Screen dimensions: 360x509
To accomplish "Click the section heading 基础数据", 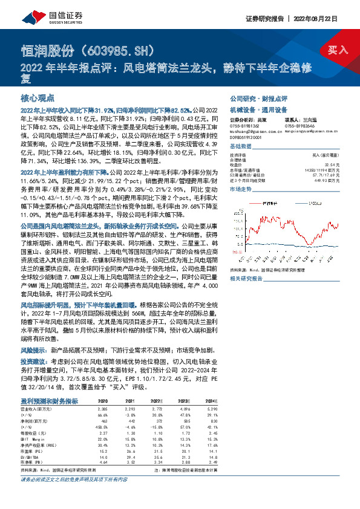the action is tap(241, 146).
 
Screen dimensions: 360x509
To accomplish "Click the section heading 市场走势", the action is tap(241, 189).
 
